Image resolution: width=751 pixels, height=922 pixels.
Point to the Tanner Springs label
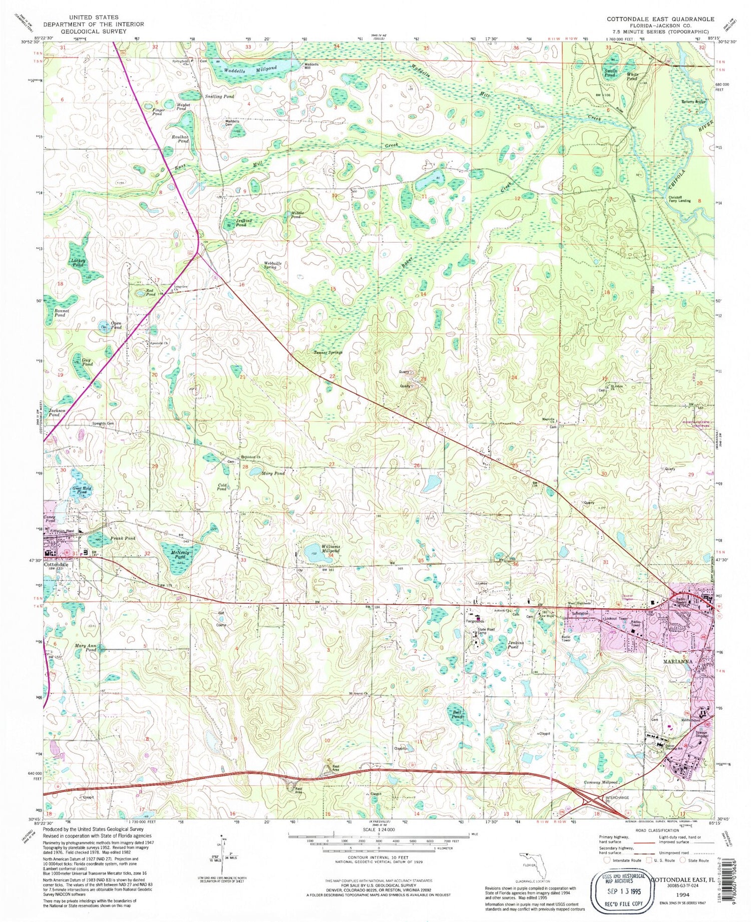(x=328, y=352)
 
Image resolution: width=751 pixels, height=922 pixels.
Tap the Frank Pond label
(x=123, y=539)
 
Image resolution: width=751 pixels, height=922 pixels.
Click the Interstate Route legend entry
(x=623, y=860)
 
